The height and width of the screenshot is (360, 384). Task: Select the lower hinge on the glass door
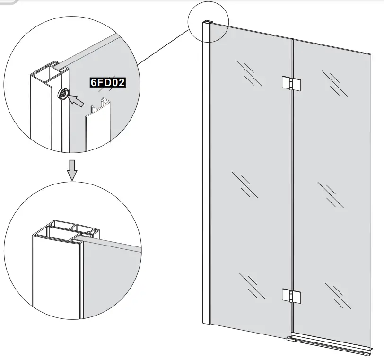tap(289, 295)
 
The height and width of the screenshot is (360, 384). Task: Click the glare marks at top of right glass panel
tap(334, 82)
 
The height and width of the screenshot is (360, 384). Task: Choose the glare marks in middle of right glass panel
tap(331, 194)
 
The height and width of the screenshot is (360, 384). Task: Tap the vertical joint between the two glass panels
tap(292, 189)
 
